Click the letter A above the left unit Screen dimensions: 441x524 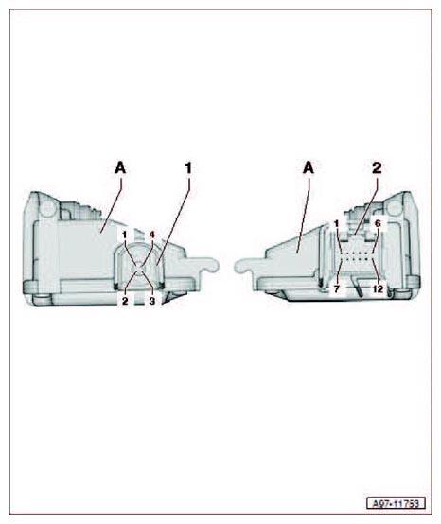coord(120,167)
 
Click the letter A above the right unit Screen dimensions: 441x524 coord(309,167)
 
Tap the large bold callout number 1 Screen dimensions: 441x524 coord(189,167)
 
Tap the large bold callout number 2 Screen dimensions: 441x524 coord(377,167)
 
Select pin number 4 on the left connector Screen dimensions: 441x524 coord(152,235)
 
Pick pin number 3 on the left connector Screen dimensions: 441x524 coord(152,301)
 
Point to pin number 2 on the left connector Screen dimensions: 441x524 coord(125,301)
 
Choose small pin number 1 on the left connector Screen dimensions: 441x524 coord(125,235)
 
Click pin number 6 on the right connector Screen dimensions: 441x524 coord(378,223)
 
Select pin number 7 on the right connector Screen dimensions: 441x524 coord(337,289)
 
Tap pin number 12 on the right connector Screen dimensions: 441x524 coord(378,289)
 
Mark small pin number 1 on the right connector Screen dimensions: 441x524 coord(336,223)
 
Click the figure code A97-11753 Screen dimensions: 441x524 coord(396,503)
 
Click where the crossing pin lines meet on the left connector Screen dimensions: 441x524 coord(139,268)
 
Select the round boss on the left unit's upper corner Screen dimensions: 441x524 coord(47,208)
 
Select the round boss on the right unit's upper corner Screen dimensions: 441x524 coord(395,208)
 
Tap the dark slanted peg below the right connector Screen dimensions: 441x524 coord(358,287)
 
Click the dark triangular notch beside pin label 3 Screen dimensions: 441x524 coord(169,297)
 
